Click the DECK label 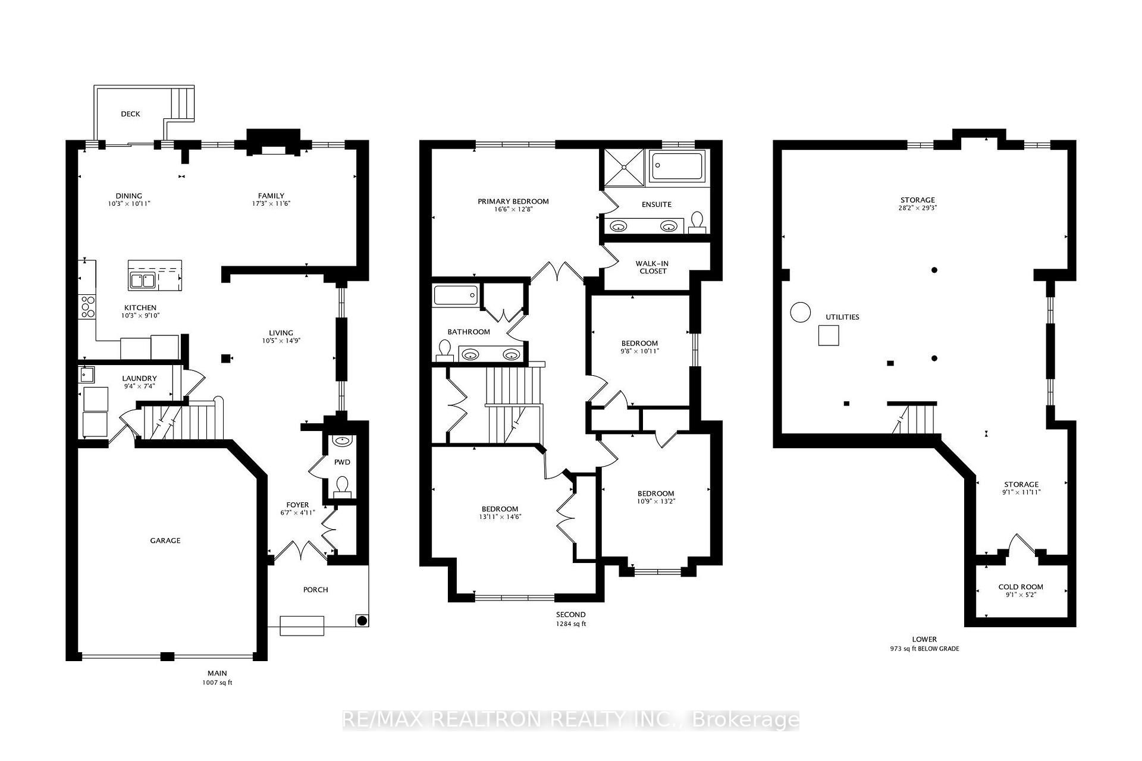coord(130,114)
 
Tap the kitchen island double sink coord(143,280)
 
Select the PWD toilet coord(342,487)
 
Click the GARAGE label coord(165,540)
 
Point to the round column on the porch coord(362,621)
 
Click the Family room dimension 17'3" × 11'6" coord(271,203)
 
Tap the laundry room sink coord(86,374)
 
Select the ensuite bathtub coord(676,166)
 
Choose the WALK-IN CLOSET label coord(653,267)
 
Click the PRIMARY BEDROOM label coord(513,202)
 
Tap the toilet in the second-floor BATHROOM coord(444,351)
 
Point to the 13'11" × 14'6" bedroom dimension coord(500,517)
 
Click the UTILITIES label coord(842,317)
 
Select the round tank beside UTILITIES coord(800,312)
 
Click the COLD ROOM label coord(1021,587)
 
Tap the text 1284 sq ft coord(571,624)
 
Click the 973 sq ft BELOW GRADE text coord(920,649)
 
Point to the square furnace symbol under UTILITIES coord(829,335)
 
